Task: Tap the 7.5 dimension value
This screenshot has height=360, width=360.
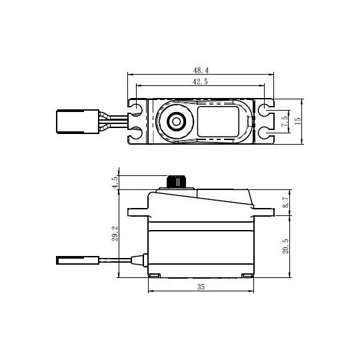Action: [x=285, y=121]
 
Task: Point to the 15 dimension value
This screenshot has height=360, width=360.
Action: [x=298, y=121]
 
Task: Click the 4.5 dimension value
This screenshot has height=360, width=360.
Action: [x=115, y=181]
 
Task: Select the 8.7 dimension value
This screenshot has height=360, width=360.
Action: [x=285, y=202]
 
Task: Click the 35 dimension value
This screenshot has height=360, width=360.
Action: [x=201, y=288]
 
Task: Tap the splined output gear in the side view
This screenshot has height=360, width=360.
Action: [x=177, y=181]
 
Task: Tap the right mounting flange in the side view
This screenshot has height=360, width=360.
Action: [x=264, y=213]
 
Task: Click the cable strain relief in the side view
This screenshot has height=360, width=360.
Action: [x=138, y=260]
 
